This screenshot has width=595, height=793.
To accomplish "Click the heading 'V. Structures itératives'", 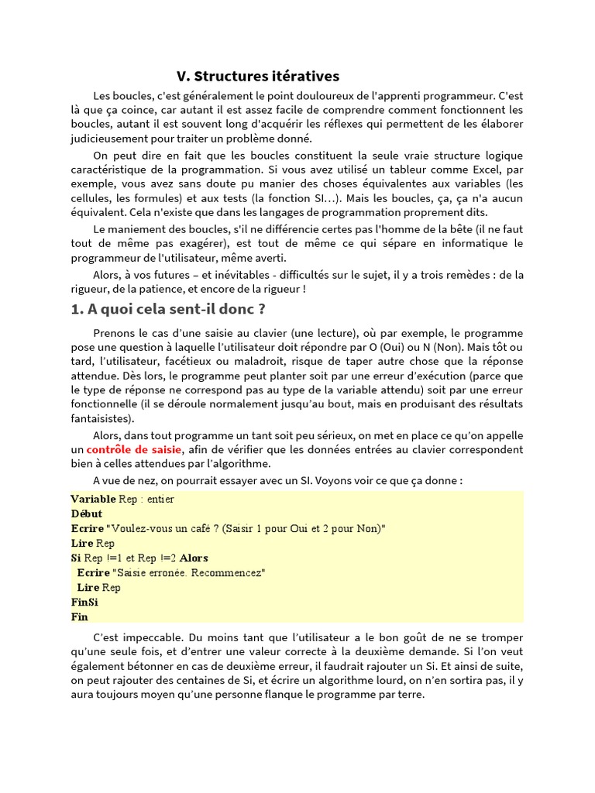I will point(258,76).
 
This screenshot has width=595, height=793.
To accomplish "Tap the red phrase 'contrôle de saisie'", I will point(134,449).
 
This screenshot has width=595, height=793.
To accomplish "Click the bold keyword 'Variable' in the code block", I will point(93,499).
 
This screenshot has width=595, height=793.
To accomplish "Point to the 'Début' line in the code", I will point(86,513).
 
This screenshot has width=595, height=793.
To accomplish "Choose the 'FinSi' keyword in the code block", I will point(84,602).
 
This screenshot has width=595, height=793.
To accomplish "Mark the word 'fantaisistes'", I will point(101,419).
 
